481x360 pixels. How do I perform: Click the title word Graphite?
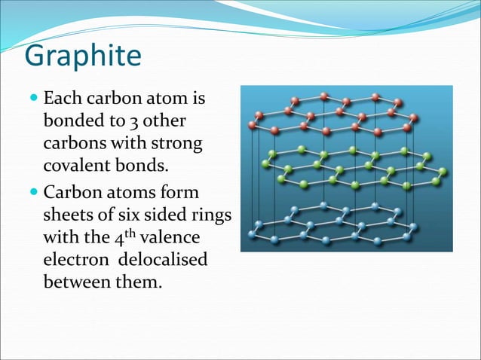point(82,56)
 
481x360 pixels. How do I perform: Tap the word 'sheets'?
point(67,215)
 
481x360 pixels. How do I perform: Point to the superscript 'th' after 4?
point(133,233)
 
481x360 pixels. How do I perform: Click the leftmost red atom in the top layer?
point(253,125)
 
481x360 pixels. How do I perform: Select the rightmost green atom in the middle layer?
point(443,172)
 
